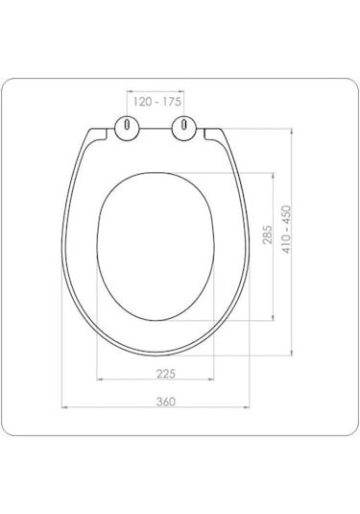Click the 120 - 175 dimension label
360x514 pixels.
156,102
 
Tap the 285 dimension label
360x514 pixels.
267,234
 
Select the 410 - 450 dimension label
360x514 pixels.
286,229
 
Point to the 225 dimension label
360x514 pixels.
166,374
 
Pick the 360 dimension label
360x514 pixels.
166,402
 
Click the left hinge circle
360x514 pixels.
127,128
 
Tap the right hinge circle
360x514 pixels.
184,128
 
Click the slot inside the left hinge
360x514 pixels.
127,124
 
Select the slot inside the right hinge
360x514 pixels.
184,124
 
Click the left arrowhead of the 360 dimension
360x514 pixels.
64,407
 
